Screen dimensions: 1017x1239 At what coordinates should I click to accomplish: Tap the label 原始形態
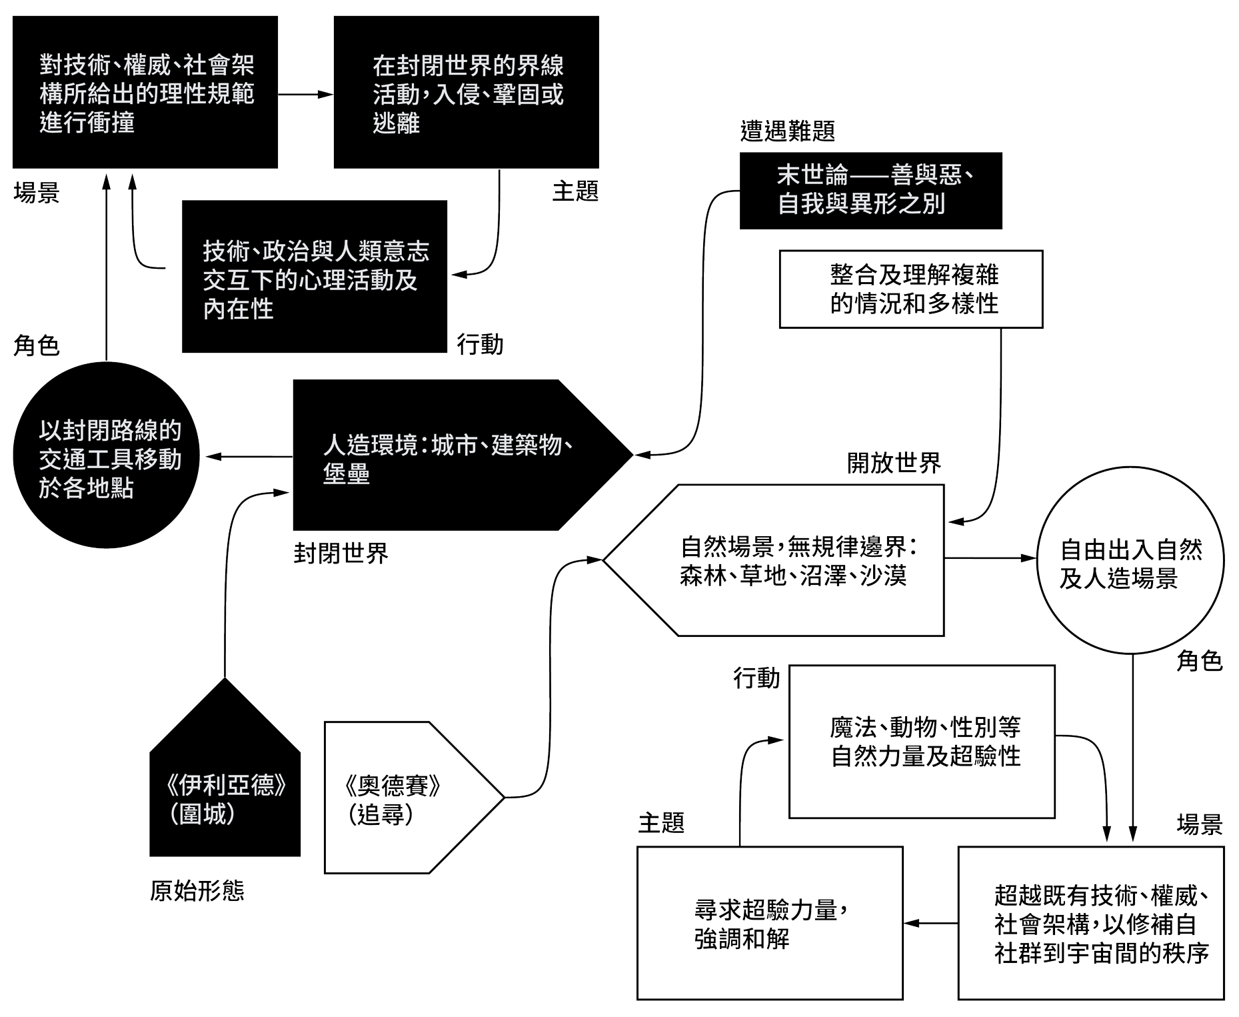click(x=197, y=891)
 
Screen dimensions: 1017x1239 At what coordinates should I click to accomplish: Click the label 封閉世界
click(x=341, y=554)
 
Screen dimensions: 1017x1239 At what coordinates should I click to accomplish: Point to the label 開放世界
click(x=894, y=463)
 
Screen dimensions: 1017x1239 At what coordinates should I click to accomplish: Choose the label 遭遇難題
click(x=787, y=131)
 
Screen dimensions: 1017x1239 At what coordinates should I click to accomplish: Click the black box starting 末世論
click(x=870, y=191)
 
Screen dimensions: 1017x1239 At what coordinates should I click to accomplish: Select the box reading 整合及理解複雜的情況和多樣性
click(x=911, y=289)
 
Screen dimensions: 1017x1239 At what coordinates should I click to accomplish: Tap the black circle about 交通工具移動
click(x=107, y=456)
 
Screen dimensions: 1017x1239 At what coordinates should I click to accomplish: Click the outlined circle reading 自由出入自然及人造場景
click(x=1130, y=560)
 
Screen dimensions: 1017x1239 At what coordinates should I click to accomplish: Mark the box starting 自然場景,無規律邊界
click(x=793, y=560)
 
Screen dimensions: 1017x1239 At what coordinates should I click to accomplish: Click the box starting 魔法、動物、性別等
click(x=922, y=742)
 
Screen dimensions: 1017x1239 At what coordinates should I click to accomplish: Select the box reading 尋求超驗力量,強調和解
click(x=770, y=923)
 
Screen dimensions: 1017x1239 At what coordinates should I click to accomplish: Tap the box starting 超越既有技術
click(x=1091, y=923)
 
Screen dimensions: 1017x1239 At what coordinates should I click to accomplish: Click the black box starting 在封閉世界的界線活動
click(x=466, y=93)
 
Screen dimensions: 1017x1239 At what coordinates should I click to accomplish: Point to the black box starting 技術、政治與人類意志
click(x=314, y=277)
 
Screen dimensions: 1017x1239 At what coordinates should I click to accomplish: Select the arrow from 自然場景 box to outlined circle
click(x=990, y=558)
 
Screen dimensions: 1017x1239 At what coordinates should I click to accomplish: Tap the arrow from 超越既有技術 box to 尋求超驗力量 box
click(x=930, y=923)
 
